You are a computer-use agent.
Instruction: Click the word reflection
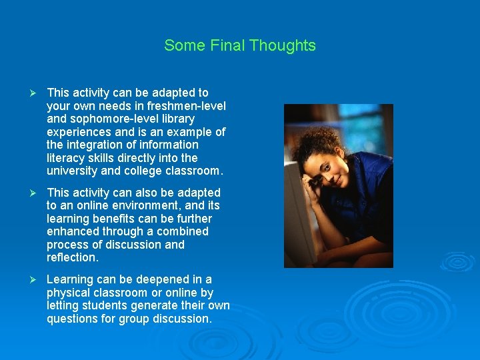(72, 257)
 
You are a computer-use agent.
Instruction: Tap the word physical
(68, 293)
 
